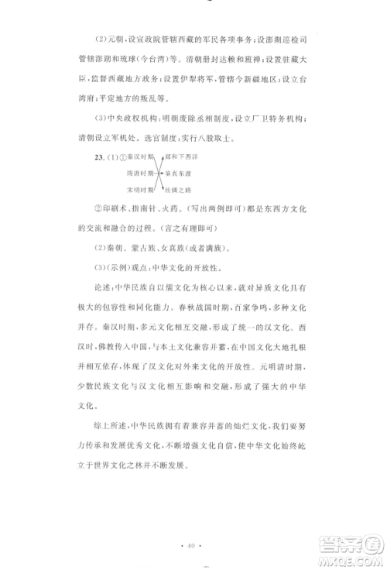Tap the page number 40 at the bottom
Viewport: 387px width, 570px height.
click(x=193, y=546)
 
